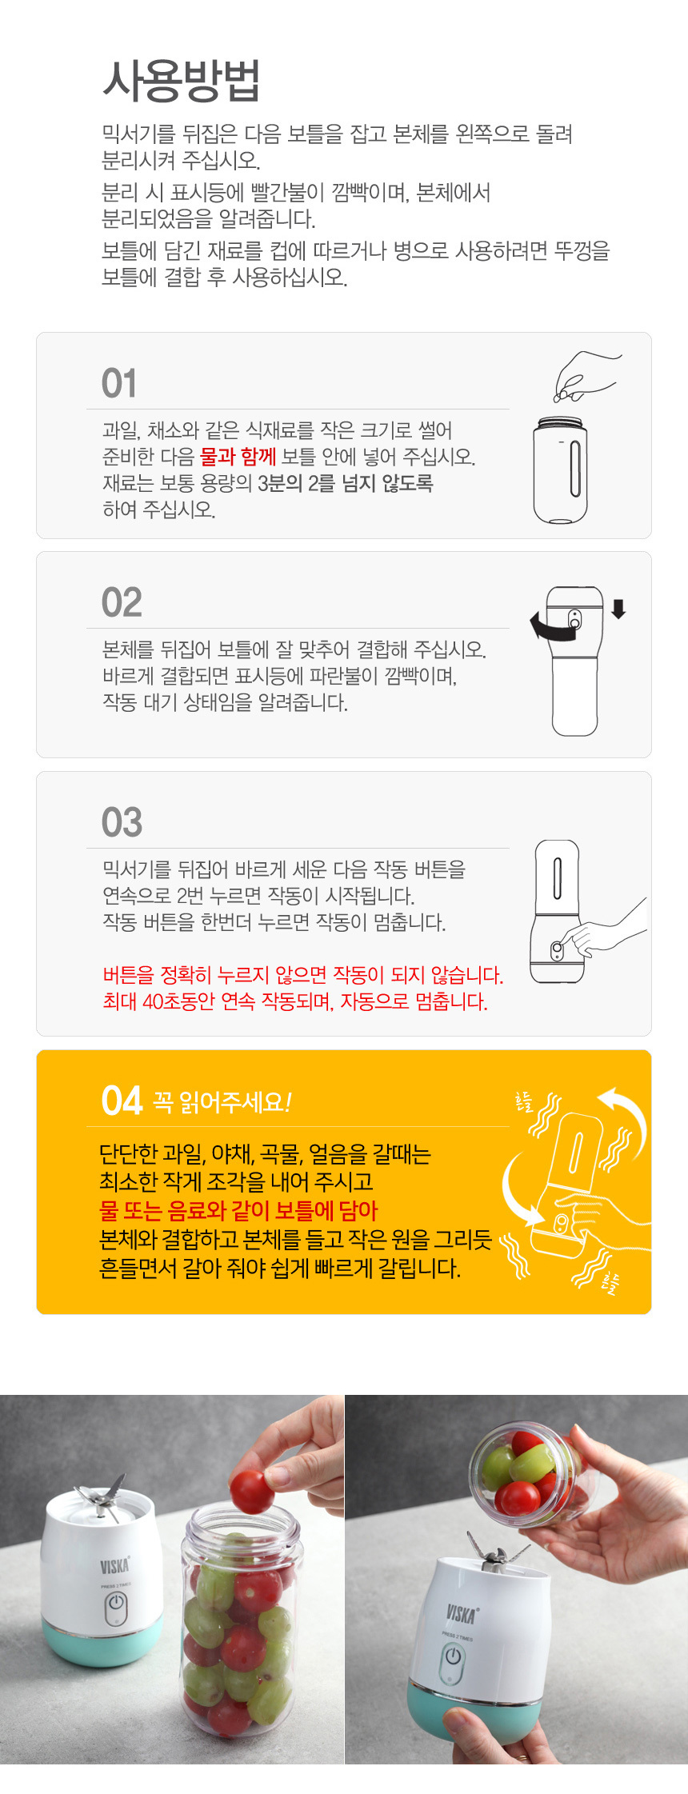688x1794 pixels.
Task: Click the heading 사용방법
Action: point(181,81)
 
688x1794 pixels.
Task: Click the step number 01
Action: point(119,384)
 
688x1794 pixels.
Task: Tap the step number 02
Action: point(122,603)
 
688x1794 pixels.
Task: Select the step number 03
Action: point(122,822)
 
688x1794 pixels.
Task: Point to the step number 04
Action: point(122,1101)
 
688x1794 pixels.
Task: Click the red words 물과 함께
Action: point(238,457)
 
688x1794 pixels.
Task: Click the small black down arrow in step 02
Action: point(618,609)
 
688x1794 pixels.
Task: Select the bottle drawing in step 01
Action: point(560,470)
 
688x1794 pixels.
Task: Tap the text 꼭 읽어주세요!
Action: point(222,1102)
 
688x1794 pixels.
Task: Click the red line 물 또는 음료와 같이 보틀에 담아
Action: point(238,1211)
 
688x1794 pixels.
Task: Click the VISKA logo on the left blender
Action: point(115,1565)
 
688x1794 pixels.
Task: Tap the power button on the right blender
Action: point(454,1656)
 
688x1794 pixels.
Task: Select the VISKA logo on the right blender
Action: point(462,1612)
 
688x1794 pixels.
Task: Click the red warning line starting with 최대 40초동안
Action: point(295,1001)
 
